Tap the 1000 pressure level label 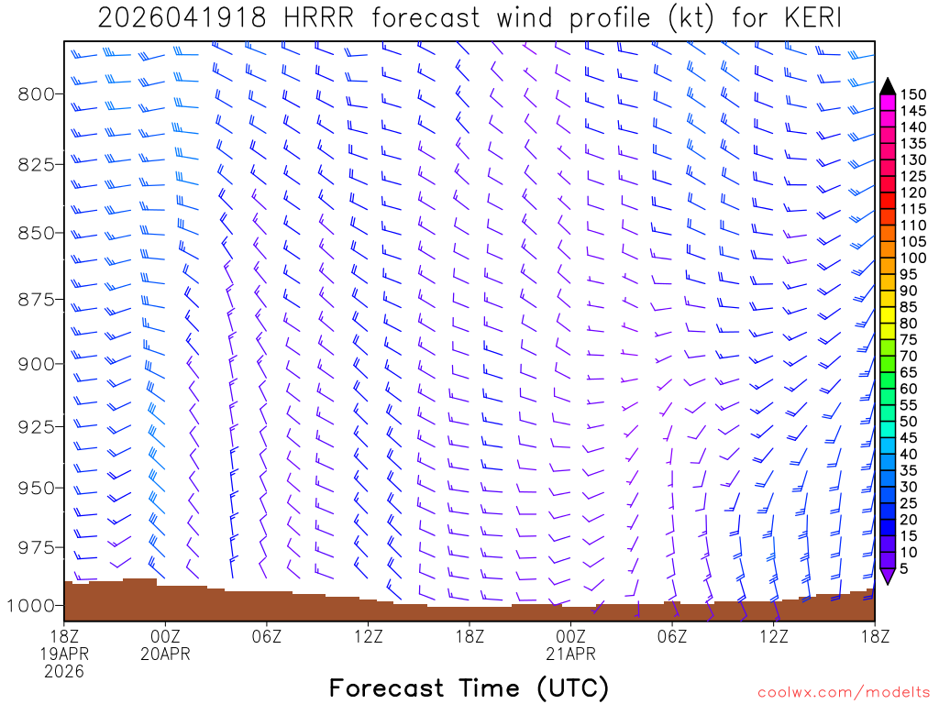pos(33,605)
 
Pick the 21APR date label pos(570,654)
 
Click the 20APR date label pos(165,654)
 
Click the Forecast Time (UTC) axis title pos(469,687)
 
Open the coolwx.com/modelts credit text pos(844,692)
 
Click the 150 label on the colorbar pos(913,93)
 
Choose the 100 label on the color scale pos(913,258)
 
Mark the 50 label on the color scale pos(910,422)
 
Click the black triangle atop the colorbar pos(887,86)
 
